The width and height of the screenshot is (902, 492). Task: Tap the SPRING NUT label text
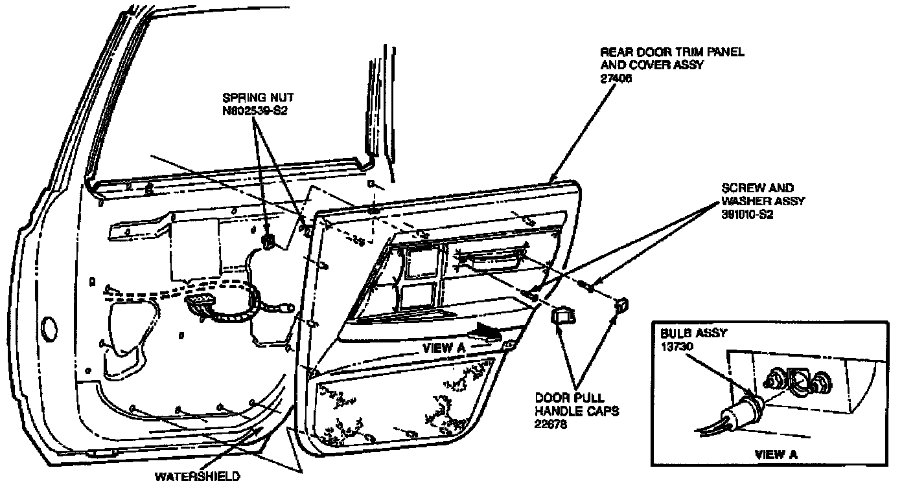[257, 98]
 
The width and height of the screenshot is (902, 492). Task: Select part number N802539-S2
[255, 111]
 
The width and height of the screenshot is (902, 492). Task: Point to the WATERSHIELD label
[197, 477]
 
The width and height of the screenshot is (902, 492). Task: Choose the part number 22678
[549, 423]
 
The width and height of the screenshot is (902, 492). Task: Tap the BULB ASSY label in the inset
[692, 333]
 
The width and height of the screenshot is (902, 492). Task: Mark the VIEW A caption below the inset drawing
[776, 454]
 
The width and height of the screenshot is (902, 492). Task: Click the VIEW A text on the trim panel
[444, 347]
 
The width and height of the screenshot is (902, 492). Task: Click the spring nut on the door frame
[268, 241]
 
